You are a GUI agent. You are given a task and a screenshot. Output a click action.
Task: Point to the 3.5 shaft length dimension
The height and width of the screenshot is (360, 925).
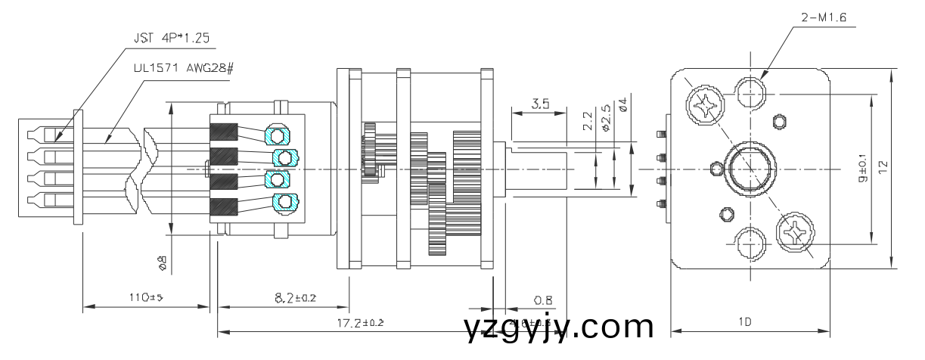point(539,104)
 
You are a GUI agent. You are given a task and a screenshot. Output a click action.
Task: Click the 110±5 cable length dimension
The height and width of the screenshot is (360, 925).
point(144,298)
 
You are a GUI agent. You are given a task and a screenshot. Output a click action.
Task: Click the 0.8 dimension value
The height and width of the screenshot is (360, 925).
point(542,300)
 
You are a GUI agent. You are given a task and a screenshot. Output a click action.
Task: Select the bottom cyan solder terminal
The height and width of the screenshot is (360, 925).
point(284,201)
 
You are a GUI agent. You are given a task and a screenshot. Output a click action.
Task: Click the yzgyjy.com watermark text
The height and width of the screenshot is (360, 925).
point(559,327)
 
